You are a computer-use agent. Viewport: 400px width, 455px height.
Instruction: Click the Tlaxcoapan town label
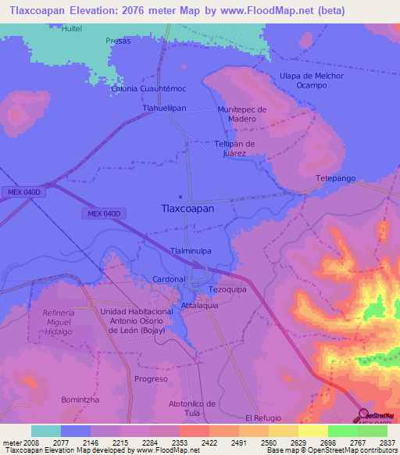point(187,209)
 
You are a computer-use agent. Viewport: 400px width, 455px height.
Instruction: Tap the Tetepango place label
point(335,179)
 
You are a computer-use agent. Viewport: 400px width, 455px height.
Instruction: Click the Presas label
point(118,41)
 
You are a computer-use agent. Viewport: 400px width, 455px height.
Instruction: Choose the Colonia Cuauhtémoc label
point(147,89)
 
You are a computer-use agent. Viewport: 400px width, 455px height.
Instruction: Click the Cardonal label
point(169,278)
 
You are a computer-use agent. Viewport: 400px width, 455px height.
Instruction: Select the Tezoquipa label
point(227,289)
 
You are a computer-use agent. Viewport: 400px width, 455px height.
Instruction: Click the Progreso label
point(151,378)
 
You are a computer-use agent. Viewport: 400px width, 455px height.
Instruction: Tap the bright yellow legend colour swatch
point(313,431)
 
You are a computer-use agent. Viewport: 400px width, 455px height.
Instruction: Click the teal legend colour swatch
point(46,431)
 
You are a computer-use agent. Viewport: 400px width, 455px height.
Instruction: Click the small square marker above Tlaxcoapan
point(181,196)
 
